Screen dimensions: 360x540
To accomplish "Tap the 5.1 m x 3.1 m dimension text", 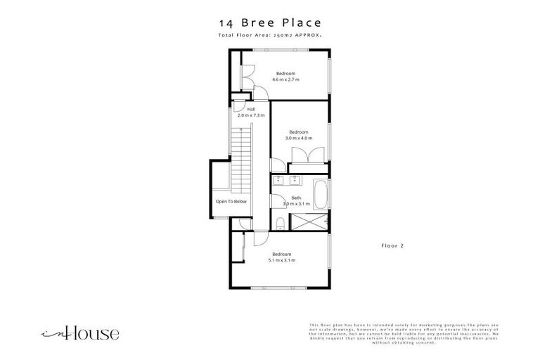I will (x=281, y=260).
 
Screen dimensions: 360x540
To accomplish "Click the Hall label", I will (x=251, y=110).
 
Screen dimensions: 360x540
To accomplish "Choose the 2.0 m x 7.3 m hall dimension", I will (x=251, y=115).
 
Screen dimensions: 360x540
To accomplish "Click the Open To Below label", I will (x=231, y=202).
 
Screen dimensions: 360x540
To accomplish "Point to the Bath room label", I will (x=296, y=198).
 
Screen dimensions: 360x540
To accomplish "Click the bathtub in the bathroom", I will (x=320, y=194).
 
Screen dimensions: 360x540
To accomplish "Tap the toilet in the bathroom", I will (x=280, y=224).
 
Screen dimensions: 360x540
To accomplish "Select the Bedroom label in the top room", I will (x=285, y=74).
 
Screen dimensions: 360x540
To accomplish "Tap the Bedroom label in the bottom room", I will (x=281, y=254).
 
